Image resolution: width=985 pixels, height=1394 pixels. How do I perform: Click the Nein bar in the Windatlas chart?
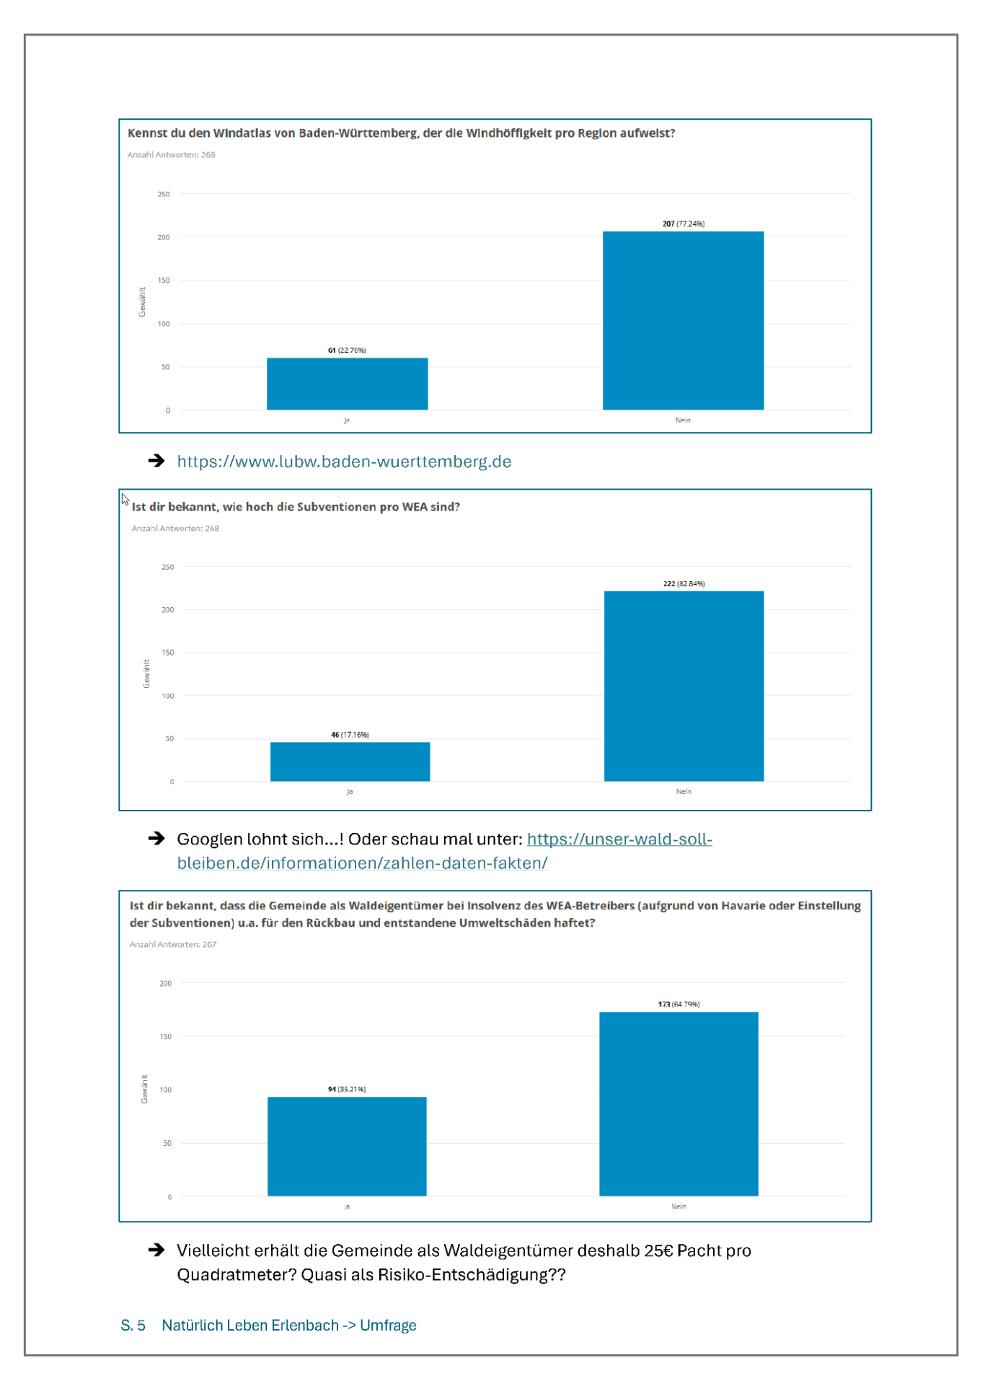click(683, 320)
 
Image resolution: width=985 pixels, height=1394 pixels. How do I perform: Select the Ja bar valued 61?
click(347, 384)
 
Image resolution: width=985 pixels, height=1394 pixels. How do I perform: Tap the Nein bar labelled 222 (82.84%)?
click(684, 686)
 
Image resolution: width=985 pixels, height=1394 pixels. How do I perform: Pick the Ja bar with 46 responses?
click(350, 762)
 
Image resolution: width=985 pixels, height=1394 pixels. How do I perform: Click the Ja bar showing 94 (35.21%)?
click(347, 1147)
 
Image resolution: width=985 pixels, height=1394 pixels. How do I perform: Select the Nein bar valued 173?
click(679, 1104)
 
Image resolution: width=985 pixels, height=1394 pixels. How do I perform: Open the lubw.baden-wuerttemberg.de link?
click(344, 462)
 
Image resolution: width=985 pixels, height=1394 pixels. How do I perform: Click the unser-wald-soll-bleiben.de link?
click(444, 851)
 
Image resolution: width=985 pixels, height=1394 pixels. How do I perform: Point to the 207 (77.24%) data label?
click(684, 224)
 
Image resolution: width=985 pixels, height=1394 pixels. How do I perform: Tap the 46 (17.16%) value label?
click(350, 735)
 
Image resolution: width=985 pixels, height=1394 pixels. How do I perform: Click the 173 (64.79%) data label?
click(679, 1004)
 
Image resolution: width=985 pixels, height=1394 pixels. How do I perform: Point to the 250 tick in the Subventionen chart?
click(167, 567)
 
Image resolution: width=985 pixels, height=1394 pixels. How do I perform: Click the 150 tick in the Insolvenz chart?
click(165, 1036)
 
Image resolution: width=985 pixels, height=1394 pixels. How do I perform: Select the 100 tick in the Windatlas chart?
click(164, 324)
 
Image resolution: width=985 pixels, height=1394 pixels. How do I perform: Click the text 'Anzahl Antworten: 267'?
click(173, 944)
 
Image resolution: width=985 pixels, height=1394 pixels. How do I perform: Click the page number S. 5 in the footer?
click(133, 1325)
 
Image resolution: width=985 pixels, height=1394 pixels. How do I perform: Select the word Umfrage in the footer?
click(388, 1325)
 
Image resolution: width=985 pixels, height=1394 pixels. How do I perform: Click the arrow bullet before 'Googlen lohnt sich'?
click(156, 838)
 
